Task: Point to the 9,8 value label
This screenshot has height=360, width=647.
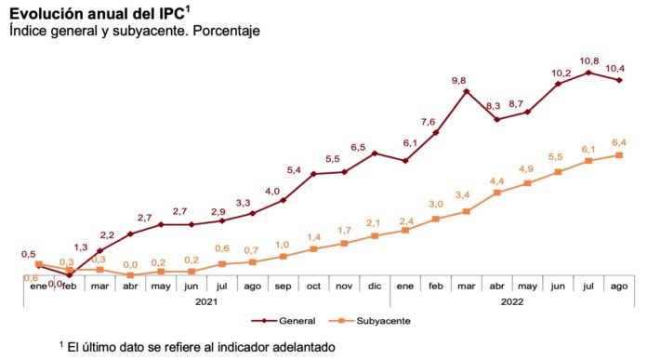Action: (458, 80)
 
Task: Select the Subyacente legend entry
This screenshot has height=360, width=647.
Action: (376, 320)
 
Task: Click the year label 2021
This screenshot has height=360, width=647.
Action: (205, 301)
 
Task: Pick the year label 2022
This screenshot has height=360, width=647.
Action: (511, 301)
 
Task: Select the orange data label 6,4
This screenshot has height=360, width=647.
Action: (618, 142)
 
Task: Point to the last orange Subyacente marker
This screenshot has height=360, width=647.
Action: (619, 155)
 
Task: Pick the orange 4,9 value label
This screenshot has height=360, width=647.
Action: (527, 169)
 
